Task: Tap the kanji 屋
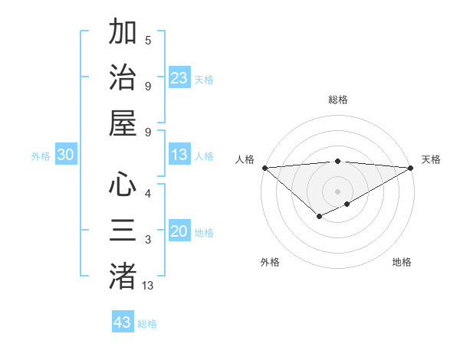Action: coord(123,123)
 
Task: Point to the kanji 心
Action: coord(123,185)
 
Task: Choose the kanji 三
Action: coord(123,230)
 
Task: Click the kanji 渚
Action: coord(123,276)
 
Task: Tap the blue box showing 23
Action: coord(179,77)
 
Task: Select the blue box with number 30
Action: coord(66,155)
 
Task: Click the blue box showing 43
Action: coord(123,322)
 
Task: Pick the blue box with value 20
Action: coord(179,231)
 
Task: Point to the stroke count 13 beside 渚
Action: coord(148,286)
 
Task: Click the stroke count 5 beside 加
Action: coord(148,41)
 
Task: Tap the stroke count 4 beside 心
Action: coord(148,194)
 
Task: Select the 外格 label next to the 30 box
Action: coord(41,156)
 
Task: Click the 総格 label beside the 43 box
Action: coord(147,324)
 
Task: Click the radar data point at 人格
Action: coord(264,168)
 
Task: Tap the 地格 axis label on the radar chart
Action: coord(402,262)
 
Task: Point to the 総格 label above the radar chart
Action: coord(338,100)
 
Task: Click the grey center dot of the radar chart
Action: coord(338,191)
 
